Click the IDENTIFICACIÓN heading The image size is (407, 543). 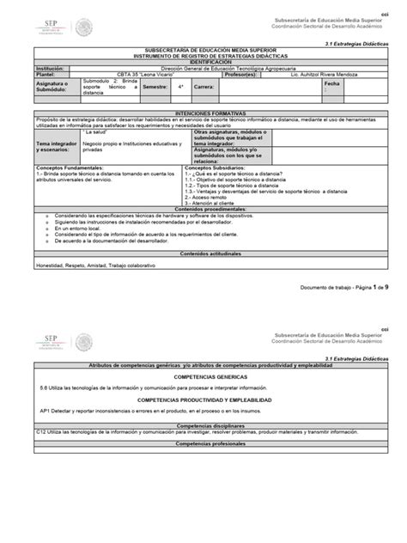(203, 63)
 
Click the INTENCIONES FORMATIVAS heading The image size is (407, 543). (203, 112)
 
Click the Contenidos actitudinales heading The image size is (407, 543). (203, 253)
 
